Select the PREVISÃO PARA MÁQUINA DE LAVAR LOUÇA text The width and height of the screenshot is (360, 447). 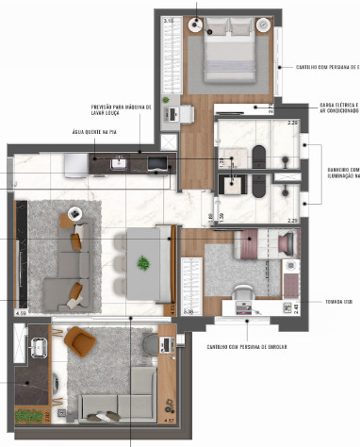[x=122, y=111]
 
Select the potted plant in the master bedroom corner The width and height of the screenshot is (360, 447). [x=168, y=99]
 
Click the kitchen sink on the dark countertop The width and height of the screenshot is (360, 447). [x=120, y=165]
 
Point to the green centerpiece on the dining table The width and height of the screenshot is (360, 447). [x=145, y=262]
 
